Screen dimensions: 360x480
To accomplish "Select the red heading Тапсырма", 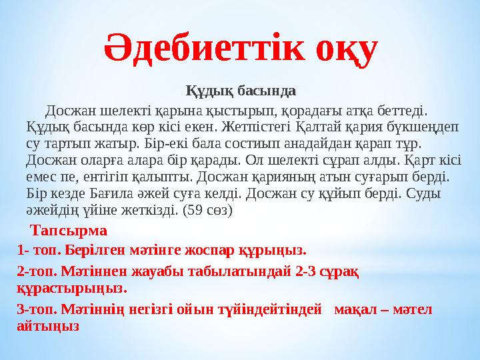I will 69,231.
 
